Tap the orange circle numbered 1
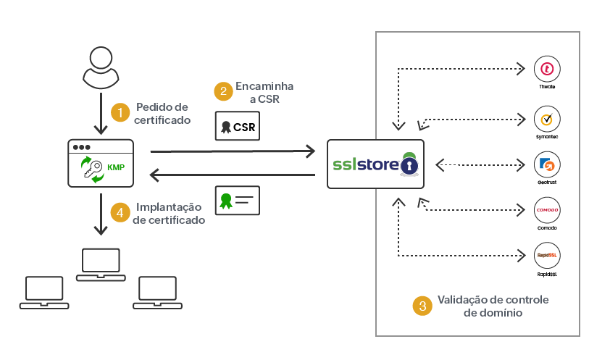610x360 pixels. tap(120, 112)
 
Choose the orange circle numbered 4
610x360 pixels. tap(120, 212)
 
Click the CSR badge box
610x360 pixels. tap(237, 127)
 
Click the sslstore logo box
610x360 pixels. tap(375, 164)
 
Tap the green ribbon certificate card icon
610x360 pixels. tap(237, 200)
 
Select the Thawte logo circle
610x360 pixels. tap(547, 70)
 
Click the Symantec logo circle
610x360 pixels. tap(547, 118)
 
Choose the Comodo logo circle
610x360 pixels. tap(547, 210)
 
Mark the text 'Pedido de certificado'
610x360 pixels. tap(163, 113)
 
